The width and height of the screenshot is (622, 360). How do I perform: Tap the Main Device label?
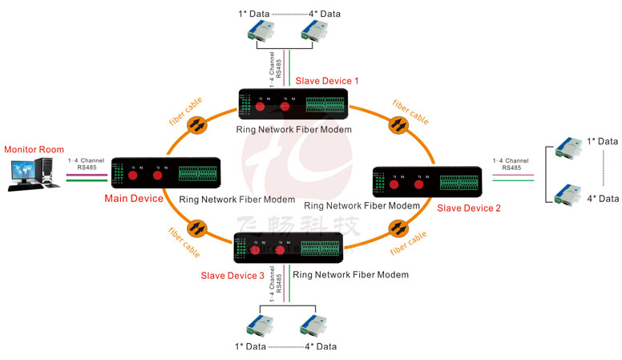134,199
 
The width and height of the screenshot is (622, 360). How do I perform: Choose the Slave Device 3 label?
232,275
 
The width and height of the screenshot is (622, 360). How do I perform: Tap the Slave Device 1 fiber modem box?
293,105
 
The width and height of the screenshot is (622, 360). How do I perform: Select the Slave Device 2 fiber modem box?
427,184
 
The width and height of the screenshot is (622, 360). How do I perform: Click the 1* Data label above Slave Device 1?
253,14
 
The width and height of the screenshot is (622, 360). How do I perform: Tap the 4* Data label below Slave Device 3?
321,346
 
